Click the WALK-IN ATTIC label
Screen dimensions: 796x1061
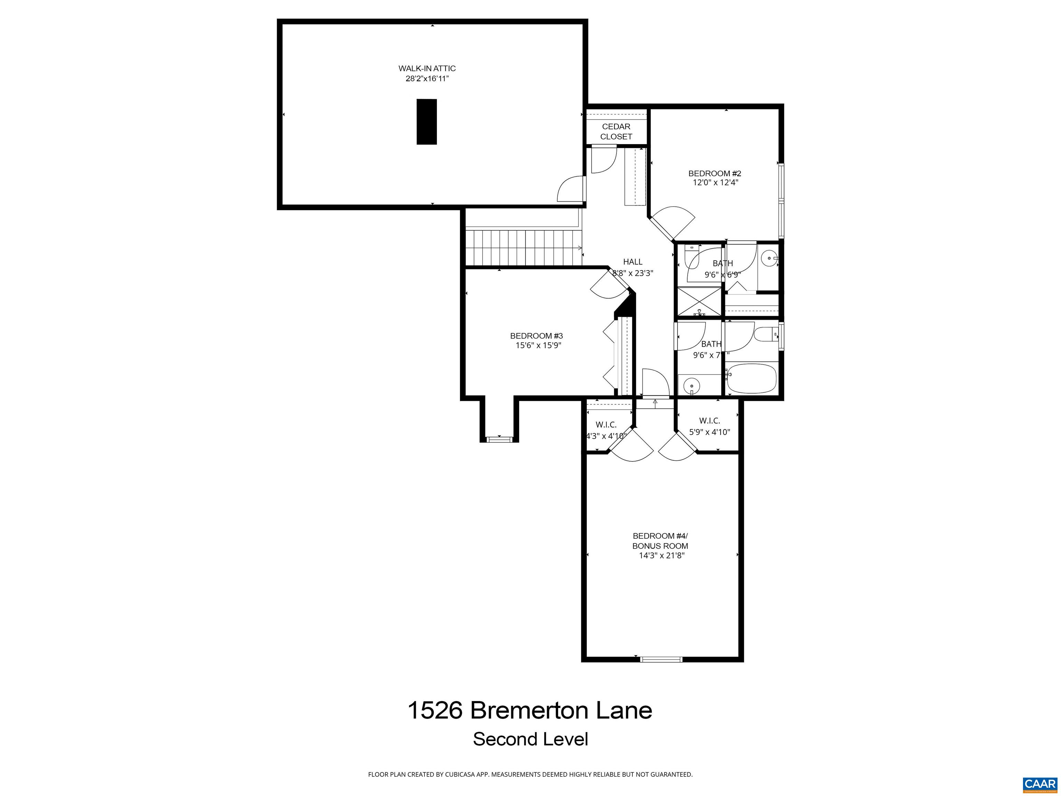[427, 69]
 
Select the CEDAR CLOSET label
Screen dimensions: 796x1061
[616, 132]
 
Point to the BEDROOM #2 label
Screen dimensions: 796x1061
[715, 173]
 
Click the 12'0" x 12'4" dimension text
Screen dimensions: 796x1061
[715, 183]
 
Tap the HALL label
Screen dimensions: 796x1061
[633, 262]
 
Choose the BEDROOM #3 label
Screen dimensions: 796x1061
[536, 336]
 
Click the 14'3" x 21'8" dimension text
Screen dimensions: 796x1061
[661, 556]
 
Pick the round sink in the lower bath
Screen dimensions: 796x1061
[691, 385]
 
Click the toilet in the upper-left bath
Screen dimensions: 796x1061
[692, 257]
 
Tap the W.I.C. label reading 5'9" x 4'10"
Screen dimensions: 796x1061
[709, 427]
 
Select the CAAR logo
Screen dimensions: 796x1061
[1040, 784]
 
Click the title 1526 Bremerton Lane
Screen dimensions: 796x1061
[530, 711]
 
